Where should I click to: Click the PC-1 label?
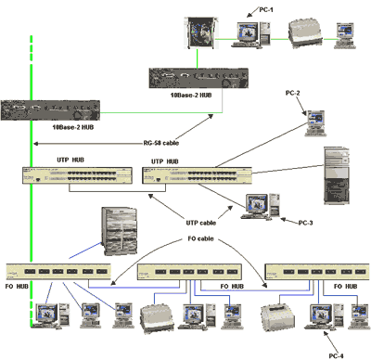266,10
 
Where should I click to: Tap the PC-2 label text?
292,93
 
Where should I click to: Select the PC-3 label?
305,223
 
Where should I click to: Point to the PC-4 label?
336,355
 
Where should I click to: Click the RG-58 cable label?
161,143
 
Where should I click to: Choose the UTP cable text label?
201,223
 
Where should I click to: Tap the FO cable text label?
200,238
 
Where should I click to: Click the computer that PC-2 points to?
315,123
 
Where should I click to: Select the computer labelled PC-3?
261,206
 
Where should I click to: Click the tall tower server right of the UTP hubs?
337,175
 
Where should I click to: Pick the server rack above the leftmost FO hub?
120,231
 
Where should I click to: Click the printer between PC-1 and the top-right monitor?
305,33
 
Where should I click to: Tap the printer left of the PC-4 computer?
277,317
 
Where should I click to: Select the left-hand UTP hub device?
77,175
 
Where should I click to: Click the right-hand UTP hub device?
197,175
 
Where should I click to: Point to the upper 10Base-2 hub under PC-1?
198,78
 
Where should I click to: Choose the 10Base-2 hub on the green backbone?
50,110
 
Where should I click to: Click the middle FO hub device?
189,272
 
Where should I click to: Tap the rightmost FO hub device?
317,272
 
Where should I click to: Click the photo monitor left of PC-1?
201,32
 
